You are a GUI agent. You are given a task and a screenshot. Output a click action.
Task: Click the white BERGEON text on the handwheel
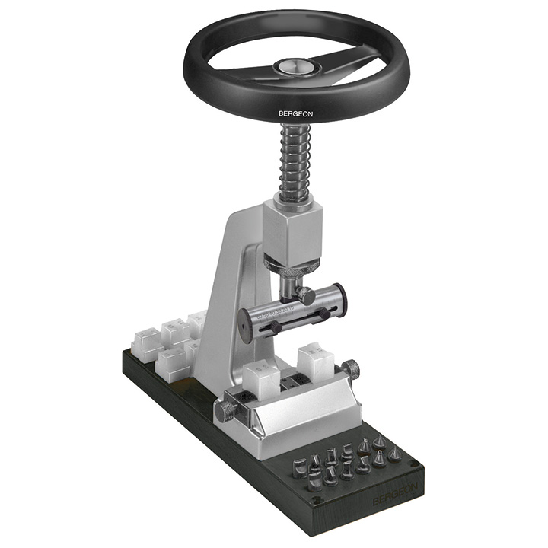point(295,114)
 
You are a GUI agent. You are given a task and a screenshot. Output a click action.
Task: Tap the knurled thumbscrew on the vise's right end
point(350,371)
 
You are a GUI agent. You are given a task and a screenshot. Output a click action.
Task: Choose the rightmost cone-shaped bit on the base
point(394,454)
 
